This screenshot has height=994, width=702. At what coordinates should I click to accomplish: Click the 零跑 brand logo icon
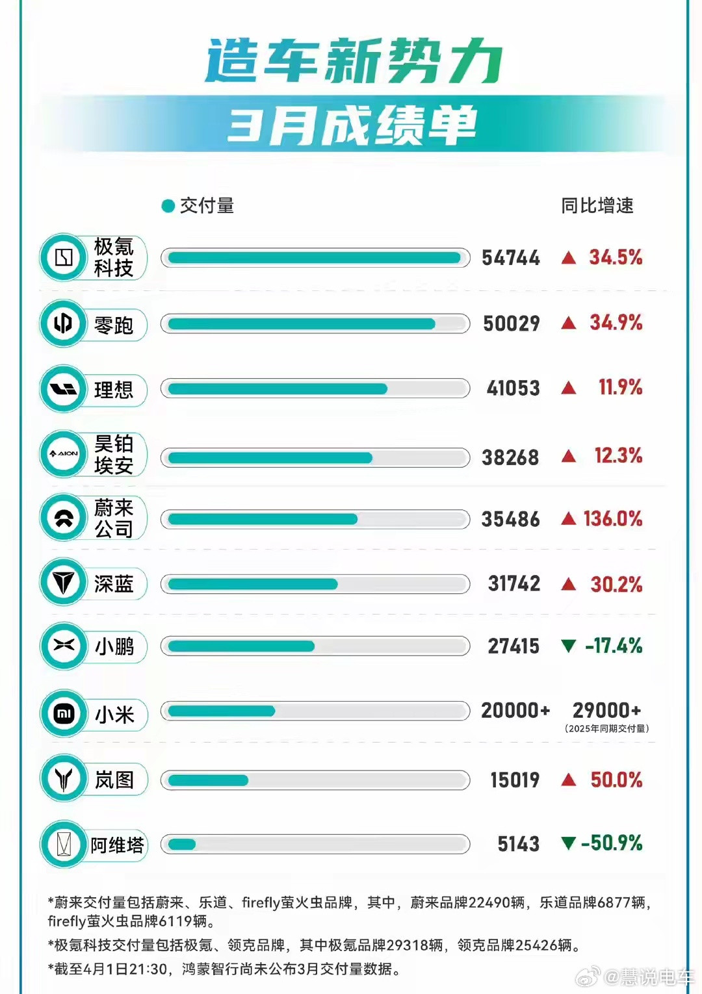(x=63, y=323)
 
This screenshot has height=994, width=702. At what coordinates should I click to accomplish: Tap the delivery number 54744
(x=510, y=258)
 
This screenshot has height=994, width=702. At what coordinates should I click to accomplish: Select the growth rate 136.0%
(x=612, y=518)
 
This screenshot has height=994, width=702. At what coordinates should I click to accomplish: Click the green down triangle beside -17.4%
(x=568, y=646)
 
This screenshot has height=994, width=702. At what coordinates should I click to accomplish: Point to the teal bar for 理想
(x=278, y=389)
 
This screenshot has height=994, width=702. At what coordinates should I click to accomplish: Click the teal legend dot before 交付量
(x=168, y=206)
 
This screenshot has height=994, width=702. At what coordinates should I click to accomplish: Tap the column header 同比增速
(x=597, y=206)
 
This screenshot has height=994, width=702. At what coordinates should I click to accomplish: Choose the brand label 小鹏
(x=114, y=646)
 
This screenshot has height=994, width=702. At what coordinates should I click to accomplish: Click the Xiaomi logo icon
(x=63, y=713)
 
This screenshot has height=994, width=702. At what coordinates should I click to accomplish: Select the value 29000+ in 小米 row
(x=606, y=710)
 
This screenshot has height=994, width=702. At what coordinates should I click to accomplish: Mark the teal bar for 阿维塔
(x=182, y=844)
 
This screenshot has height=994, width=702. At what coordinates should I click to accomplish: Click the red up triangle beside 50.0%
(x=568, y=780)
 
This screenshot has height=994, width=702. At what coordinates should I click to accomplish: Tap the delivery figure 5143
(x=518, y=844)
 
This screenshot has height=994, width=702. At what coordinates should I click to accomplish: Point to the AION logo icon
(x=63, y=453)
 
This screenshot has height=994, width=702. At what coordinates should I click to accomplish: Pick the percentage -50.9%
(x=612, y=843)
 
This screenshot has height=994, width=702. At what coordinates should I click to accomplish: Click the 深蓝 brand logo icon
(x=63, y=582)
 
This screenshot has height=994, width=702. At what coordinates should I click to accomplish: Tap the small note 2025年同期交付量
(x=606, y=728)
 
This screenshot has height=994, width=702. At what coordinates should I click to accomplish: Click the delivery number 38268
(x=510, y=457)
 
